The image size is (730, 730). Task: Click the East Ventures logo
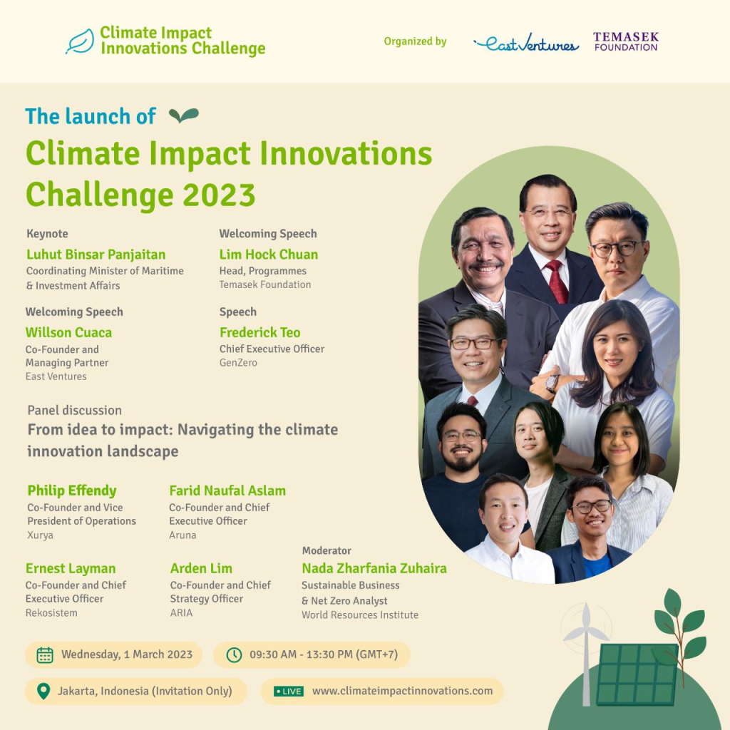[x=526, y=43]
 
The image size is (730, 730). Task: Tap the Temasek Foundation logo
[x=625, y=41]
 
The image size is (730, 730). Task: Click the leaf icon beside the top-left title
[x=80, y=41]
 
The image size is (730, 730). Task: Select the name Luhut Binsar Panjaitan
[x=96, y=255]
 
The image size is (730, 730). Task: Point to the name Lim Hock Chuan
[x=269, y=255]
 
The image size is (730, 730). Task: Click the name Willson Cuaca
[x=68, y=332]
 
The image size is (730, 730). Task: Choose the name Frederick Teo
[x=260, y=332]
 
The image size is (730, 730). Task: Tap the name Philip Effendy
[x=72, y=490]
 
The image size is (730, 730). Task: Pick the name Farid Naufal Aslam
[x=227, y=490]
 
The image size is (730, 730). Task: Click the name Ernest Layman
[x=71, y=568]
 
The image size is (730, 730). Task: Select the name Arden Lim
[x=202, y=568]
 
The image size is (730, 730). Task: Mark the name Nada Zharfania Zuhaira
[x=374, y=568]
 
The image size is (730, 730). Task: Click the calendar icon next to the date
[x=45, y=654]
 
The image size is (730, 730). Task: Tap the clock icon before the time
[x=234, y=654]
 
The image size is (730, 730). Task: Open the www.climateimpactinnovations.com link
[x=402, y=691]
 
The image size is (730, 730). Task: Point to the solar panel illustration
[x=637, y=674]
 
